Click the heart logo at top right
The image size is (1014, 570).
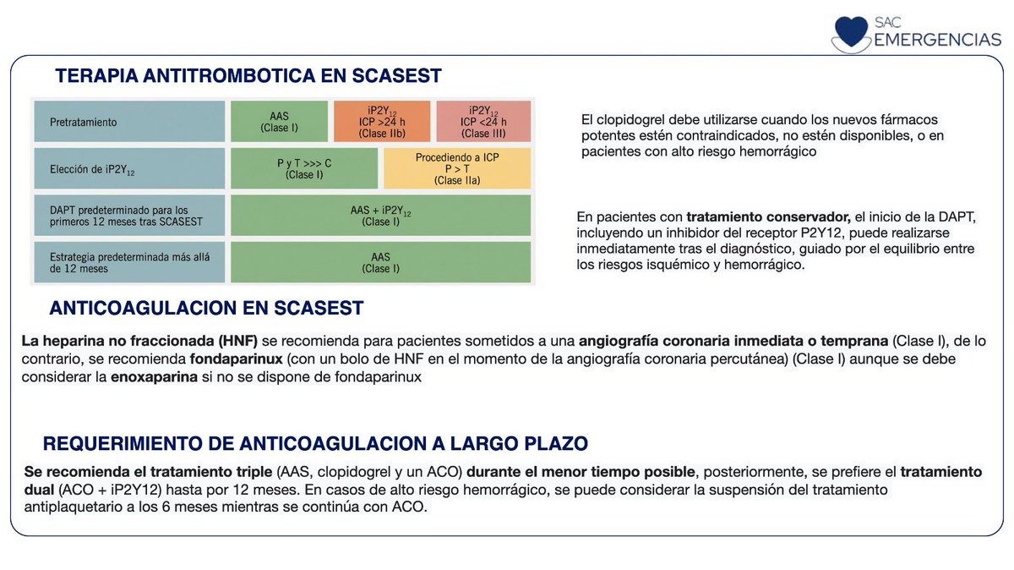850,31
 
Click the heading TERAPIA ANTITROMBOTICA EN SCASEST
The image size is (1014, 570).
248,76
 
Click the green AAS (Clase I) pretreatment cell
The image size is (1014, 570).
279,122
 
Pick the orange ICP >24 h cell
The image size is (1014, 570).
382,122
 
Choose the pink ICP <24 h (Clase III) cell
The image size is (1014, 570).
484,122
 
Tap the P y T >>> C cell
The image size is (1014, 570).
305,168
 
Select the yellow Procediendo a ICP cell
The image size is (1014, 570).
457,168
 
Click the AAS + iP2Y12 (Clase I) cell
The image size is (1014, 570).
381,215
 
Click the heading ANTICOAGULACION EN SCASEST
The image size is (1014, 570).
206,308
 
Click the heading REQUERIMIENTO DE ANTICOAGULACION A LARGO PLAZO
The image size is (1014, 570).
315,444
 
